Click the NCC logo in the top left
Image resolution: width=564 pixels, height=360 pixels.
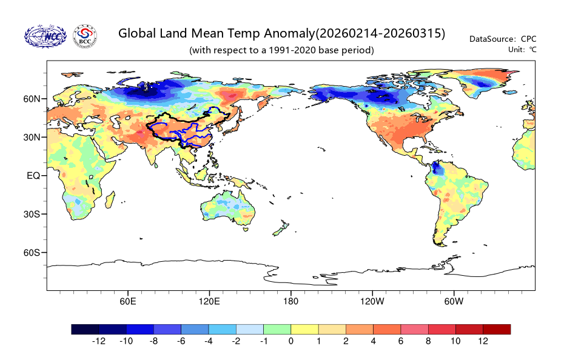[45, 37]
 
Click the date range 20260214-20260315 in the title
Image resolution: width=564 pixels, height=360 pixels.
[380, 33]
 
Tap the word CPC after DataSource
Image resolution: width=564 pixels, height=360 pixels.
[529, 39]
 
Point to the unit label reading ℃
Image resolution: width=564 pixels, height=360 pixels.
[532, 49]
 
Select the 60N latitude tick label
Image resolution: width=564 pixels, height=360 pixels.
[32, 99]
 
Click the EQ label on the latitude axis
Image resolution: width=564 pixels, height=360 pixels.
[34, 176]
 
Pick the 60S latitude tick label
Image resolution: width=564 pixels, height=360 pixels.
[32, 253]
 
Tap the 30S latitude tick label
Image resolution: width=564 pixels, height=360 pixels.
[32, 214]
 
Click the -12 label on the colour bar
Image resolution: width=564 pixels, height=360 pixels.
[98, 341]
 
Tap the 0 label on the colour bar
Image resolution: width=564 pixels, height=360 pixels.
[290, 341]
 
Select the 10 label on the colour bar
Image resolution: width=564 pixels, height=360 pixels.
[455, 341]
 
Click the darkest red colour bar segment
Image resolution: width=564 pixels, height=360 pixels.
[497, 329]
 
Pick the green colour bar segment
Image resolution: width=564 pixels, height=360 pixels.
[277, 329]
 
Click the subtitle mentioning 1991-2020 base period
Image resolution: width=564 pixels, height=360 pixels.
[281, 50]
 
